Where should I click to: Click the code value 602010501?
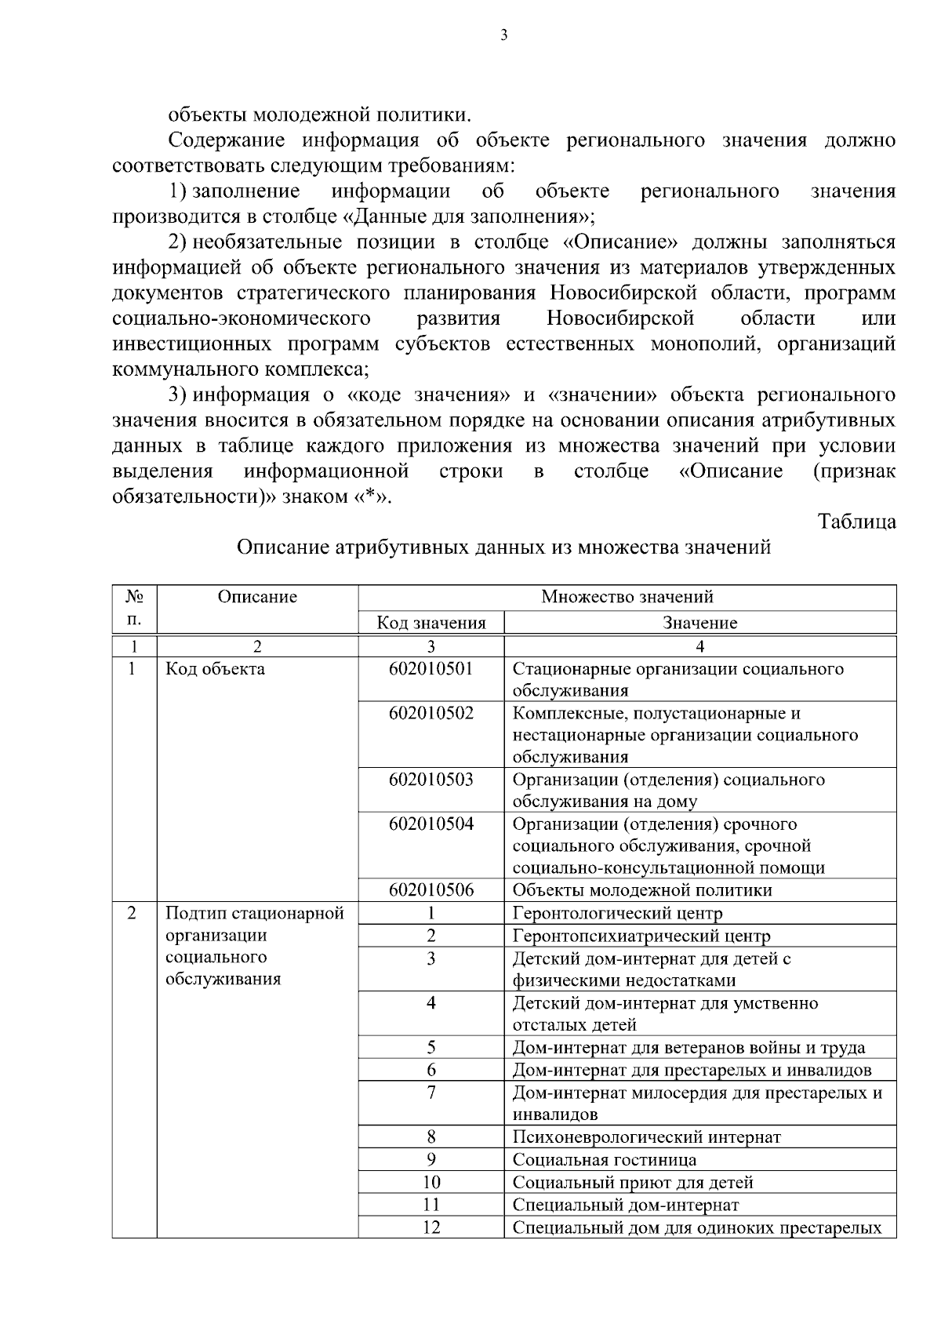click(431, 669)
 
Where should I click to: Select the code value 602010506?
click(431, 890)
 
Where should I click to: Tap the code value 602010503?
click(431, 780)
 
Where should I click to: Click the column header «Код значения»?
click(431, 624)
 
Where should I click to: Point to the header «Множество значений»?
click(627, 597)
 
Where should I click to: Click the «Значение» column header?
click(699, 624)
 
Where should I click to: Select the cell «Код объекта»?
click(216, 669)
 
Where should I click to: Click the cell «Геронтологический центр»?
click(617, 914)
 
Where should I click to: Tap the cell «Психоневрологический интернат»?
click(646, 1137)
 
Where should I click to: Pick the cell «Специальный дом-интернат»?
click(625, 1205)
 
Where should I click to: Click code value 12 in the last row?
click(431, 1227)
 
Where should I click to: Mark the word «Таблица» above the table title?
click(856, 522)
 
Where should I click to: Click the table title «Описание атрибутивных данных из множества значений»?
click(503, 547)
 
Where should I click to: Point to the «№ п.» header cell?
click(134, 608)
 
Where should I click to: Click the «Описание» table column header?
click(257, 597)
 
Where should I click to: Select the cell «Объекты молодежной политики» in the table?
click(641, 890)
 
